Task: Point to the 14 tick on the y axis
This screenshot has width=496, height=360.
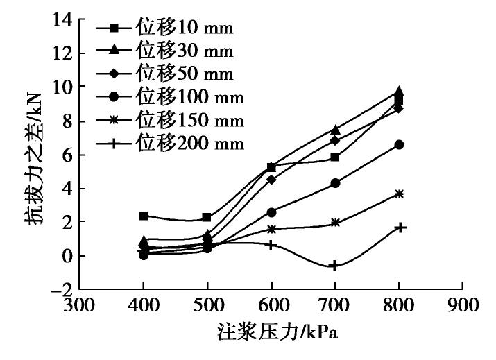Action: coord(65,19)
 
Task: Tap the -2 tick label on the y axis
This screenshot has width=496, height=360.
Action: coord(62,289)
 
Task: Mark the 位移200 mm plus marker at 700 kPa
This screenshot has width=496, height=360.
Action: coord(335,266)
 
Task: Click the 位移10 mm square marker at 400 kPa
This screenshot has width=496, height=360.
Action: coord(143,216)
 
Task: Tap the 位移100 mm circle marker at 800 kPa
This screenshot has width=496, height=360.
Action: coord(399,144)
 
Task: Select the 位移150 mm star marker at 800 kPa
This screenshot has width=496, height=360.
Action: coord(399,194)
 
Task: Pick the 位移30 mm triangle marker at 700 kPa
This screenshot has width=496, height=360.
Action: coord(335,130)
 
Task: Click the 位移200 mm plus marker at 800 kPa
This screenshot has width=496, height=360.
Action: coord(399,228)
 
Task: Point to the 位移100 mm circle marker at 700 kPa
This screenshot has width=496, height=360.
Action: coord(335,183)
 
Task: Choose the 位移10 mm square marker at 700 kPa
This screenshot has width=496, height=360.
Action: coord(335,157)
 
